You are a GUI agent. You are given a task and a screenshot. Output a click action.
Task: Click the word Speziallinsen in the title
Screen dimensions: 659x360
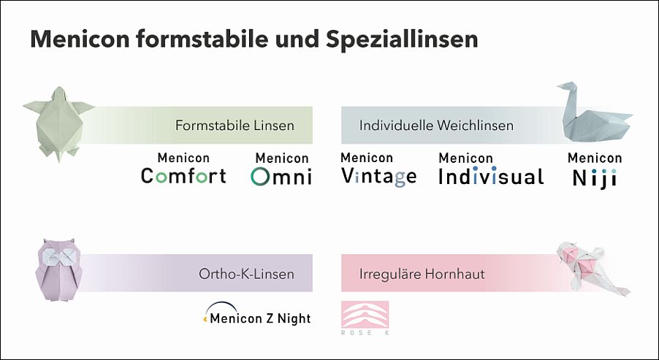[402, 39]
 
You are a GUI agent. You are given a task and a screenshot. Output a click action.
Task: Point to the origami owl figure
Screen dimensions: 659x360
[58, 270]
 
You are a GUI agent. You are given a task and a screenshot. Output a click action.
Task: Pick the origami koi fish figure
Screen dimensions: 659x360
[592, 269]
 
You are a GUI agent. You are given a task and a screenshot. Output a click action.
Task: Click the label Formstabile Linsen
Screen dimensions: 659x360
[235, 125]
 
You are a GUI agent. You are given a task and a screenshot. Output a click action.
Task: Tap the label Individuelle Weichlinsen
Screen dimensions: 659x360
[436, 125]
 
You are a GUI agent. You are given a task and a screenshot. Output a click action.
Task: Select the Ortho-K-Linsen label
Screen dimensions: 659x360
[246, 274]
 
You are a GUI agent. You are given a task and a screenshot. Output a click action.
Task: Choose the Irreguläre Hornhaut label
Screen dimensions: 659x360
[422, 274]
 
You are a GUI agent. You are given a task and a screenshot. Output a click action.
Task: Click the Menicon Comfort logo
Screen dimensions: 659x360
[183, 169]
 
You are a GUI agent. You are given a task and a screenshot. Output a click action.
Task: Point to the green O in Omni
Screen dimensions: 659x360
[260, 177]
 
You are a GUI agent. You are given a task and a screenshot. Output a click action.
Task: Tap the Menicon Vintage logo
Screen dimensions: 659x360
[378, 169]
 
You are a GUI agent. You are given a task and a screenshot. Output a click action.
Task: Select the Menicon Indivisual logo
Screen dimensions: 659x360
[491, 169]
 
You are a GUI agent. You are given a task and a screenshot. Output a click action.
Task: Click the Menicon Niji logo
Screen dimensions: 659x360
[595, 170]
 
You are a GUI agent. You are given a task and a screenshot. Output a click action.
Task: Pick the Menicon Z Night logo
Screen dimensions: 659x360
[257, 314]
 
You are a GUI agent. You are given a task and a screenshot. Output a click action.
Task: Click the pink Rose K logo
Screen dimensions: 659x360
[365, 318]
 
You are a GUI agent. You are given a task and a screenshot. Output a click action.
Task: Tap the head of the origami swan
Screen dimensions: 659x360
[565, 87]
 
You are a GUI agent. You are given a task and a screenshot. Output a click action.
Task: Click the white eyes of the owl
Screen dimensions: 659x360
[58, 256]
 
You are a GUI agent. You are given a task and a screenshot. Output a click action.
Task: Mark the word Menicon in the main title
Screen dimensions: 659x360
[80, 39]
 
